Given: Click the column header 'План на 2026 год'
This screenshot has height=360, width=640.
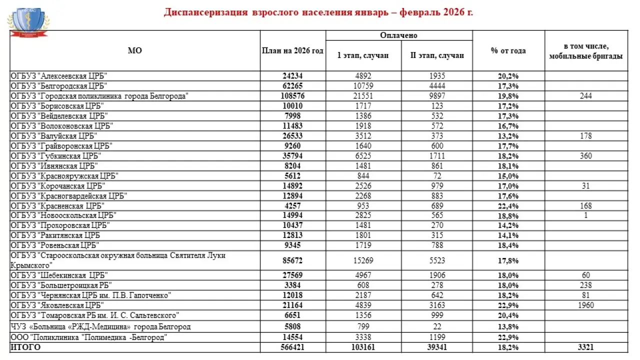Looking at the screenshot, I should click(x=292, y=51).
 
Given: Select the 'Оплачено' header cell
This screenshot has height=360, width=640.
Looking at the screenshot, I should click(x=398, y=35).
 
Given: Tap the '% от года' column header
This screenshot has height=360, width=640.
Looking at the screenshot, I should click(x=508, y=51).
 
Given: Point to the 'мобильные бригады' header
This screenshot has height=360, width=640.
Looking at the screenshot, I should click(x=585, y=56).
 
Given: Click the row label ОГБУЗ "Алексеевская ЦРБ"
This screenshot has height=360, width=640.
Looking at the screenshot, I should click(x=59, y=76).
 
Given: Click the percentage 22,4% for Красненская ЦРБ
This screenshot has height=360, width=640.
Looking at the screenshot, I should click(x=508, y=206).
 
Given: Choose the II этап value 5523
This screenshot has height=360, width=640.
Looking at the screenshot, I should click(x=437, y=260).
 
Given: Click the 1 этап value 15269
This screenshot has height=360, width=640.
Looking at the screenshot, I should click(x=363, y=260).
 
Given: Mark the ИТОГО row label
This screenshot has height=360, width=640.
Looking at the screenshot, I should click(x=25, y=347).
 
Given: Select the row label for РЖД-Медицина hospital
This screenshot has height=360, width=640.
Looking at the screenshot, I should click(x=100, y=327).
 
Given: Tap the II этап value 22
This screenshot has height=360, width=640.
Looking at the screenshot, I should click(x=437, y=327).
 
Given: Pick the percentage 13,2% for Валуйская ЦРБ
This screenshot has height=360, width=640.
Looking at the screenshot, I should click(x=508, y=136).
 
